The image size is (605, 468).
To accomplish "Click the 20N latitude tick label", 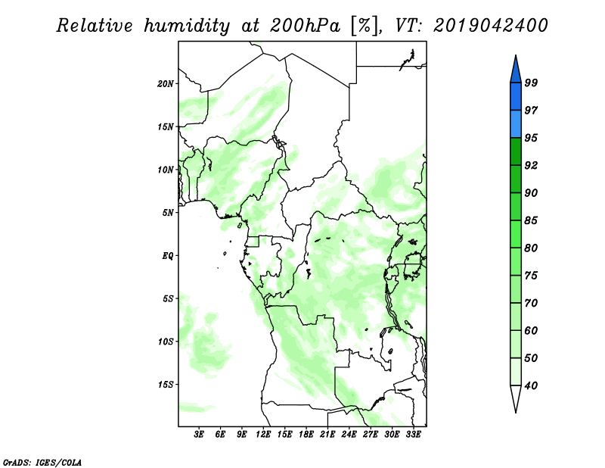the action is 166,84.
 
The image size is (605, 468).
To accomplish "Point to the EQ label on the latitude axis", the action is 168,256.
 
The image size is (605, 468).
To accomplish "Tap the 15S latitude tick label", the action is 166,385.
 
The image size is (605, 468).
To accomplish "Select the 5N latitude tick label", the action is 168,213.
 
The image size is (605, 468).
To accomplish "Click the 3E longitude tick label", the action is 199,435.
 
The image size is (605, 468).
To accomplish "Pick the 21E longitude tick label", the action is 327,435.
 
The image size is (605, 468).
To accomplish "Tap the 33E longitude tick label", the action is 413,435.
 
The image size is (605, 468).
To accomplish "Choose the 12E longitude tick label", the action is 263,435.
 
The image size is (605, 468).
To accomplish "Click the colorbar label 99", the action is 531,83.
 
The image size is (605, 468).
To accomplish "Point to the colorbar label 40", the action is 531,385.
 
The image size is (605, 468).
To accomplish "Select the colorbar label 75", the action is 531,276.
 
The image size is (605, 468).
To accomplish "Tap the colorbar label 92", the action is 531,165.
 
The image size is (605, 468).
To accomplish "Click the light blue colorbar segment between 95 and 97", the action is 516,124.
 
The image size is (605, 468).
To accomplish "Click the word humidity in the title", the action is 187,26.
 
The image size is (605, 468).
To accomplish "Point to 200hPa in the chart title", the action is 305,26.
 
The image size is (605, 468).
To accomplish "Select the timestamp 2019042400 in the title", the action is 490,26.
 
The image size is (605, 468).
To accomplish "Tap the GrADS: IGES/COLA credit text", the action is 42,463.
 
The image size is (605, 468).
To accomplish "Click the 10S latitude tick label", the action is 166,342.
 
